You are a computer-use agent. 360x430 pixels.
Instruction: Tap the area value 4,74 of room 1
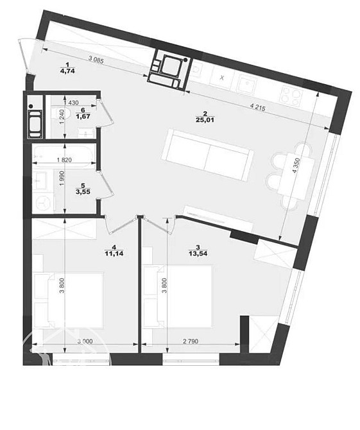(x=68, y=71)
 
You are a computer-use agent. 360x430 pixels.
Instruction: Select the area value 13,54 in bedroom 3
(x=198, y=254)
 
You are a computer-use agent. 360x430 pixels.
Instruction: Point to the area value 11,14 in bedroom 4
(x=114, y=254)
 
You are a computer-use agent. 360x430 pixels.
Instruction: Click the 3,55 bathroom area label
(x=83, y=192)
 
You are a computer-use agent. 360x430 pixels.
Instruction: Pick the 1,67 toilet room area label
(x=83, y=116)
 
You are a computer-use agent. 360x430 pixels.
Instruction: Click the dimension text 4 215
(x=258, y=107)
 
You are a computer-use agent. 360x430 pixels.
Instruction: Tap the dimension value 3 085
(x=96, y=59)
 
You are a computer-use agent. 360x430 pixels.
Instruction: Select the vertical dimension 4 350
(x=296, y=165)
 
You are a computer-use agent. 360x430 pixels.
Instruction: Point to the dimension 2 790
(x=190, y=341)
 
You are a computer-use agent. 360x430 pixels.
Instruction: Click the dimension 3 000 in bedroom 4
(x=85, y=341)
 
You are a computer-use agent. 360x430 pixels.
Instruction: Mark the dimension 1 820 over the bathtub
(x=64, y=160)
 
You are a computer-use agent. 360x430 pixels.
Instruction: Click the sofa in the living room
(x=207, y=155)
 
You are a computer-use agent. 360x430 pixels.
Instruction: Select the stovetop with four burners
(x=291, y=96)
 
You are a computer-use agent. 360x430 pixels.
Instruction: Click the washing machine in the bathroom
(x=44, y=202)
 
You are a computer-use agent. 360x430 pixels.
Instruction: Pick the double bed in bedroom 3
(x=178, y=296)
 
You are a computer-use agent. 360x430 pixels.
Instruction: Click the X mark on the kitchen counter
(x=222, y=78)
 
